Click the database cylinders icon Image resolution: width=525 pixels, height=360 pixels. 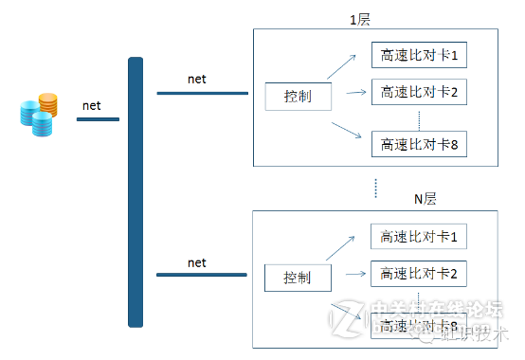coord(38,115)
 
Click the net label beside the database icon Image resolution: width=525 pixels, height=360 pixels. coord(92,105)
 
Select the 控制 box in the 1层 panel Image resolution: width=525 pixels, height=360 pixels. coord(298,96)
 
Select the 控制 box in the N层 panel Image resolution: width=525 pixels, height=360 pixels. coord(298,278)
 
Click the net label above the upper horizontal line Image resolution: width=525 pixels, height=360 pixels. coord(197,80)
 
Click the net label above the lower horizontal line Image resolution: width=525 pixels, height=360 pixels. coord(197,261)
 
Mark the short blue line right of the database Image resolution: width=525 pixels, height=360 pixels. coord(98,119)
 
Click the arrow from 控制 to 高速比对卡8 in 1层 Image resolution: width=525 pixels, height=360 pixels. coord(347,130)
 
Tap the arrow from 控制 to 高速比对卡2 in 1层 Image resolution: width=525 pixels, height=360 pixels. coord(355,93)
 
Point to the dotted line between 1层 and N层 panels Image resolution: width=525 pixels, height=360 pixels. coord(376,187)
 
